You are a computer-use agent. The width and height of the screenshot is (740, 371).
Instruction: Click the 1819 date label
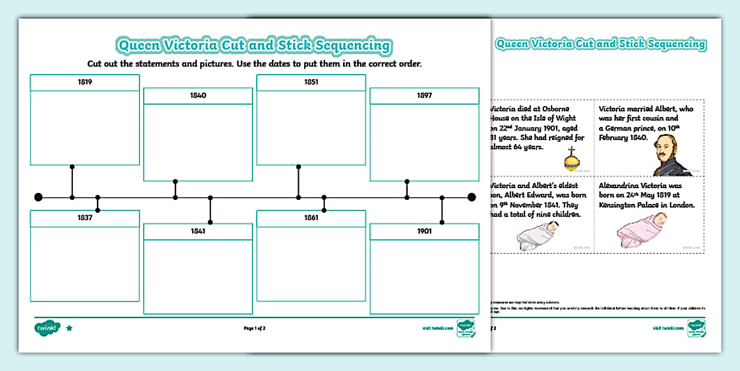85,82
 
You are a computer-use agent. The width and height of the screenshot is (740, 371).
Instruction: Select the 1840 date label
198,95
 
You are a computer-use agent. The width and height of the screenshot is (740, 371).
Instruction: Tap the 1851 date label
311,82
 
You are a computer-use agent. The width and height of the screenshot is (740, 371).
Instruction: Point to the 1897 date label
425,95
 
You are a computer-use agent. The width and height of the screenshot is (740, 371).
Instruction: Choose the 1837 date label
85,218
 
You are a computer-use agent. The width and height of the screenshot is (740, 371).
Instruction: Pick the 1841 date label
198,231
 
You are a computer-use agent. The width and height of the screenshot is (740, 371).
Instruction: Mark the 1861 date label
311,218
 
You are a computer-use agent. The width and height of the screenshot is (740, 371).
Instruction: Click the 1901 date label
425,231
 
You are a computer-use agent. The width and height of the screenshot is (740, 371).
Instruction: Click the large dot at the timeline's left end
39,197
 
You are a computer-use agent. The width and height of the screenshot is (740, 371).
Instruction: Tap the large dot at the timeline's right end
471,197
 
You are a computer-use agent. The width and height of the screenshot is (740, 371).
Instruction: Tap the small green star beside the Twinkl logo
69,328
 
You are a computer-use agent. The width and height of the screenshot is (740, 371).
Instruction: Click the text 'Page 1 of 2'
254,328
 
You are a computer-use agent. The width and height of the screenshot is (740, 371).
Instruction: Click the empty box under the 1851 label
311,128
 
